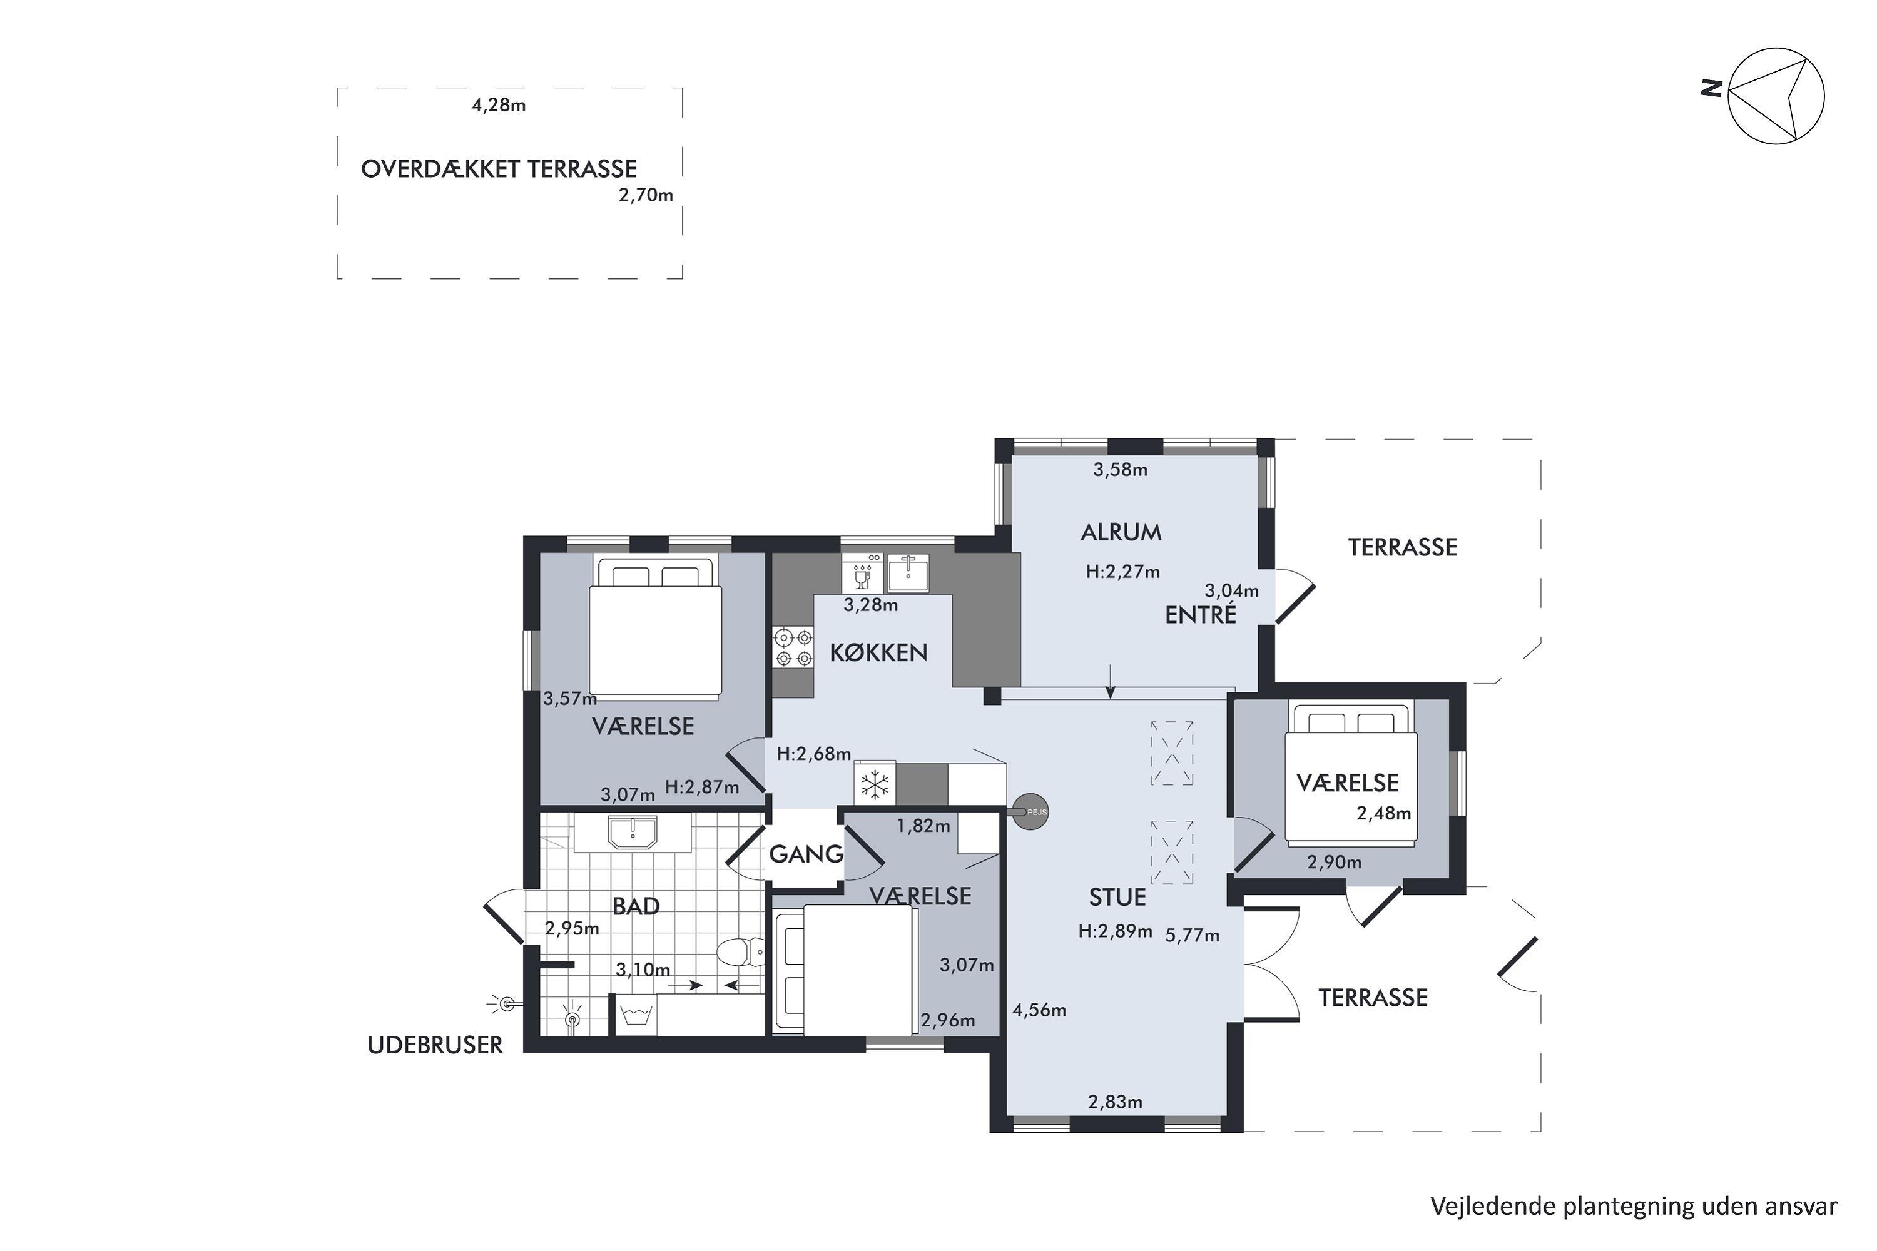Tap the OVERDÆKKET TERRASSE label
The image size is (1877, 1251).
(499, 169)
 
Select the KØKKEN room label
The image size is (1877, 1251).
(878, 652)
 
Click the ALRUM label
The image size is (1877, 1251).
(1121, 532)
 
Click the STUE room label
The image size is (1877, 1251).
(1117, 898)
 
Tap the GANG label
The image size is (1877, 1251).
(806, 854)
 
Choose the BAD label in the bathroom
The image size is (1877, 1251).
(636, 906)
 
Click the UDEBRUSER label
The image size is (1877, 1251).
(435, 1045)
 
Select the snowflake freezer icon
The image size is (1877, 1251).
(875, 785)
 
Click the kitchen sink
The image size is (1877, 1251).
(908, 572)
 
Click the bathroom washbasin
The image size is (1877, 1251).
(633, 832)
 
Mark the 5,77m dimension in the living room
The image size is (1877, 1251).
(1193, 936)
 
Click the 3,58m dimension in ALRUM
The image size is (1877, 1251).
(1121, 470)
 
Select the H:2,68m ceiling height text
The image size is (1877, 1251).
(814, 754)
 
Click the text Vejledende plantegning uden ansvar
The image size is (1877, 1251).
(1634, 1207)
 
